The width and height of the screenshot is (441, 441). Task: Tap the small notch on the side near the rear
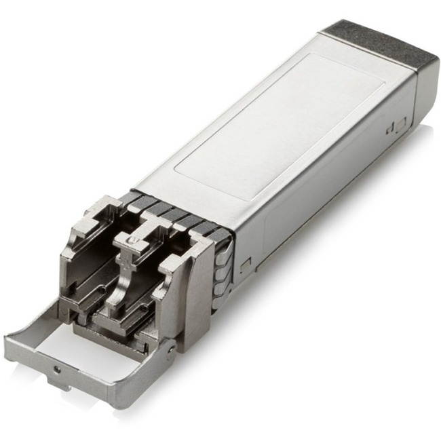coord(397,126)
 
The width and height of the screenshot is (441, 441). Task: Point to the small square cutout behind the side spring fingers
coord(244,261)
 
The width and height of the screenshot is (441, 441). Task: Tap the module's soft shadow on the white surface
coord(305,285)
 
